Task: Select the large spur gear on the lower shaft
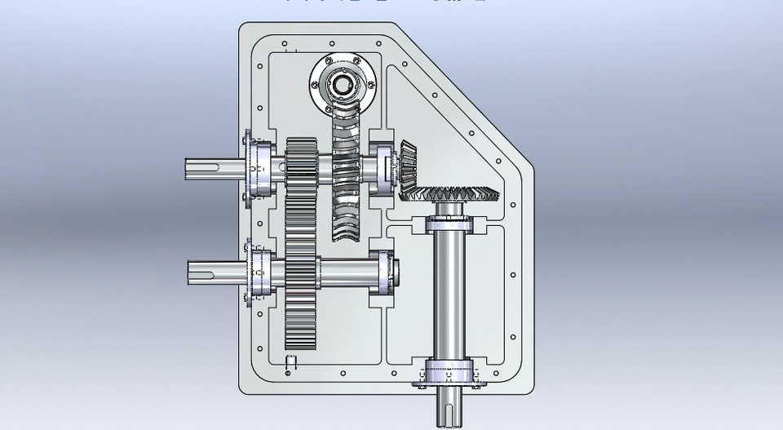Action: (301, 277)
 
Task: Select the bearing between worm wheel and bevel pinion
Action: (381, 168)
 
